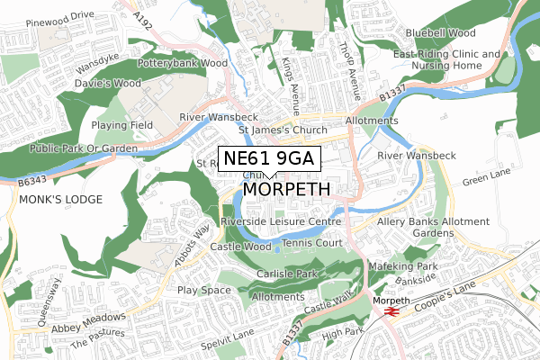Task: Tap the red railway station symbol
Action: pos(391,310)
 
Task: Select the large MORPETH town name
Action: pos(287,190)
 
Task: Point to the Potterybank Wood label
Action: pos(183,64)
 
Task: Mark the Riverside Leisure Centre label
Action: pos(281,220)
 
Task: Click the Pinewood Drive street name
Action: pos(60,15)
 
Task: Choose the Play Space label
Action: pos(205,290)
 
